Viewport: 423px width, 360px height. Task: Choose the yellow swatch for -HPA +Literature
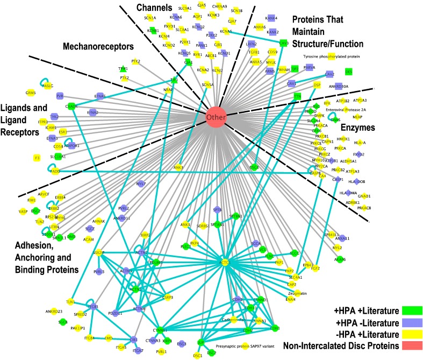pyautogui.click(x=413, y=335)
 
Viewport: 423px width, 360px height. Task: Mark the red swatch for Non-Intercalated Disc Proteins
pyautogui.click(x=413, y=348)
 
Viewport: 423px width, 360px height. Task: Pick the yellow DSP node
pyautogui.click(x=317, y=85)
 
